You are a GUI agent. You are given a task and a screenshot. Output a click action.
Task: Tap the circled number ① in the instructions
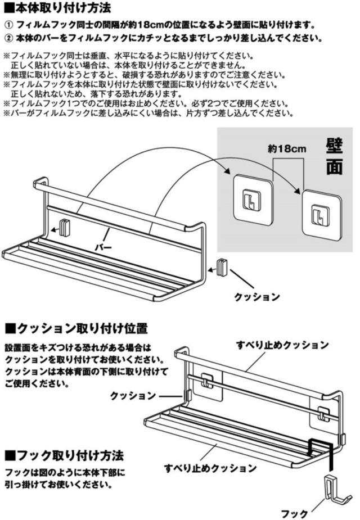(8, 26)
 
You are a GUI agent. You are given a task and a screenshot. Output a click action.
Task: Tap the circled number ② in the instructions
(8, 39)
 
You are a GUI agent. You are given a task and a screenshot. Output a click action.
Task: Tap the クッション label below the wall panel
(256, 297)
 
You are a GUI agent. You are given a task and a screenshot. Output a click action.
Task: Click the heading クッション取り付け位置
(76, 328)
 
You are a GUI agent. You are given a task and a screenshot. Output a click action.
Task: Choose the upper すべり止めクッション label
(282, 345)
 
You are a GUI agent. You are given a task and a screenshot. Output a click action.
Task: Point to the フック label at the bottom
(295, 513)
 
